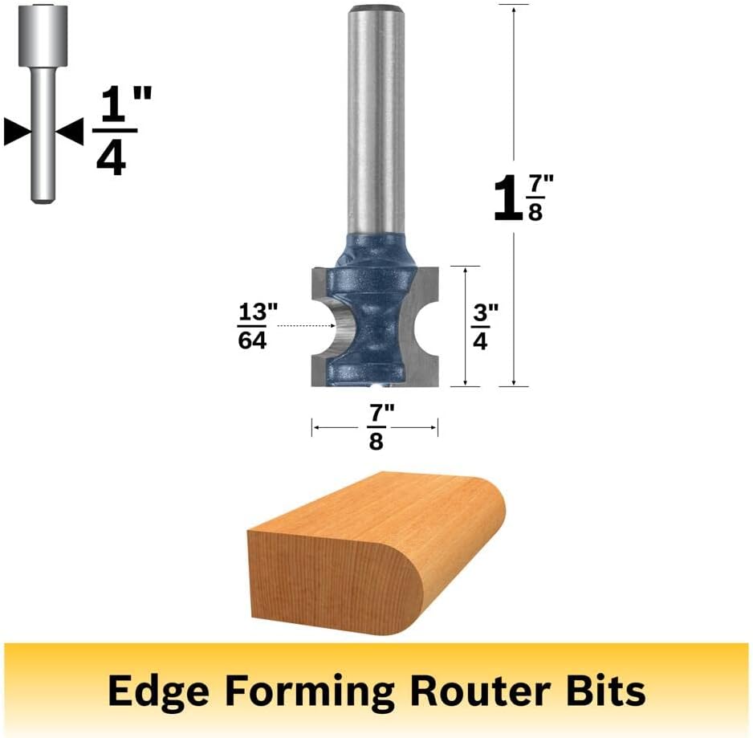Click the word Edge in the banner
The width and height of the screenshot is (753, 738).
coord(158,691)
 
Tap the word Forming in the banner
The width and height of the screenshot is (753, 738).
coord(309,691)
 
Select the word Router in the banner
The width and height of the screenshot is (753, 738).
coord(480,691)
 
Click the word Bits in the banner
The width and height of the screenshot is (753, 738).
coord(606,691)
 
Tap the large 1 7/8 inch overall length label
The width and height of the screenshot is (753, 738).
coord(523,198)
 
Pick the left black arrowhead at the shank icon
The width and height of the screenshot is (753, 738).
coord(16,131)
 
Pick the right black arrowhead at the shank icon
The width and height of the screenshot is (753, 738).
coord(70,131)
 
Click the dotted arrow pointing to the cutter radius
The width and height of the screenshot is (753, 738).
coord(307,326)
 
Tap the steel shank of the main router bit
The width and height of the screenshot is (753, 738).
coord(376,120)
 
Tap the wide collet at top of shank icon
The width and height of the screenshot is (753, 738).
coord(43,35)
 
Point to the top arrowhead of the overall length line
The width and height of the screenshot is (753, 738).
coord(514,10)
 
